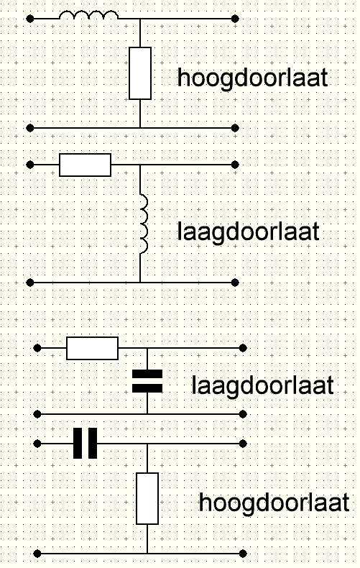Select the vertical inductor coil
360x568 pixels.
pyautogui.click(x=144, y=224)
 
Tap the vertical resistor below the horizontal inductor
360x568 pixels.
pyautogui.click(x=140, y=73)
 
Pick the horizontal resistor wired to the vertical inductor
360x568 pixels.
pyautogui.click(x=85, y=165)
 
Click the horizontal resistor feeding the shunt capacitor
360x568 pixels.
pyautogui.click(x=93, y=348)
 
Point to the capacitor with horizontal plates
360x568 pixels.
pyautogui.click(x=147, y=382)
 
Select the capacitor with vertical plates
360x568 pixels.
pyautogui.click(x=85, y=444)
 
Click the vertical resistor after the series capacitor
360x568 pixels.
pyautogui.click(x=147, y=498)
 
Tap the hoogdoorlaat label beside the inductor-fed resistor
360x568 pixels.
pyautogui.click(x=252, y=78)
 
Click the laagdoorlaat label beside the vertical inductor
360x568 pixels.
pyautogui.click(x=249, y=232)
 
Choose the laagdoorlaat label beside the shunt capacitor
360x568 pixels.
pyautogui.click(x=262, y=385)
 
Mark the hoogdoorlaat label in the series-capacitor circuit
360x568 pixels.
pyautogui.click(x=274, y=503)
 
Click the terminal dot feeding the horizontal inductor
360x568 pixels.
pyautogui.click(x=30, y=19)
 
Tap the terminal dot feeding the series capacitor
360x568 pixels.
pyautogui.click(x=37, y=444)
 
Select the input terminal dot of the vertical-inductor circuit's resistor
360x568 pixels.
pyautogui.click(x=30, y=165)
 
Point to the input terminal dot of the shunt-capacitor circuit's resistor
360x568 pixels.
pyautogui.click(x=37, y=348)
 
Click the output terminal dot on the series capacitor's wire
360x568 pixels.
pyautogui.click(x=243, y=444)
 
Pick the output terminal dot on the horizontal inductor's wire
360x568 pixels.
pyautogui.click(x=235, y=19)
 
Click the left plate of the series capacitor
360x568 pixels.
pyautogui.click(x=78, y=444)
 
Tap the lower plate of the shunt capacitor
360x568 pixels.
pyautogui.click(x=147, y=389)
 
